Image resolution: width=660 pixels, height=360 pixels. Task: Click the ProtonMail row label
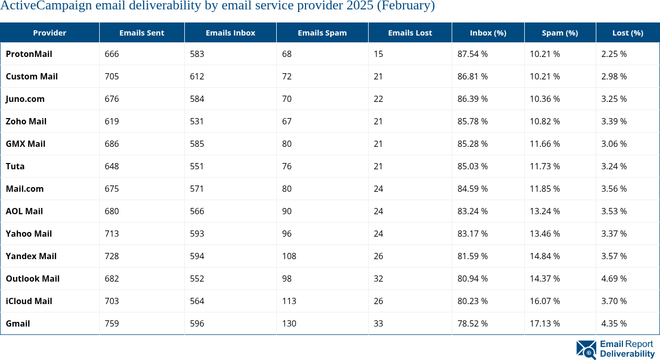(x=29, y=54)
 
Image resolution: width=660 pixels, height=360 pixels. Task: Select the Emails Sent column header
(x=142, y=32)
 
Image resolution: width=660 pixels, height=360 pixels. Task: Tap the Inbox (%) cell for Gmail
(x=472, y=323)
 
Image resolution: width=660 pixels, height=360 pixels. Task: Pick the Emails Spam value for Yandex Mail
(x=289, y=256)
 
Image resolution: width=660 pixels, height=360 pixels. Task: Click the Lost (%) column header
(x=627, y=32)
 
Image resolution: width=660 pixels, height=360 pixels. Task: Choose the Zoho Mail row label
(x=26, y=121)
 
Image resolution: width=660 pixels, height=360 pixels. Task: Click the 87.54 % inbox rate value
(x=472, y=54)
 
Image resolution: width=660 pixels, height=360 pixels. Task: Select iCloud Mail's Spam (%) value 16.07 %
(x=545, y=301)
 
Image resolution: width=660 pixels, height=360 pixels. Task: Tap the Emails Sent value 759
(x=112, y=323)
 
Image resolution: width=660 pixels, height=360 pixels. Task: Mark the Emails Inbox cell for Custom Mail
(x=197, y=76)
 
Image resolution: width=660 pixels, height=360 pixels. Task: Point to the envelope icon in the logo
(x=586, y=350)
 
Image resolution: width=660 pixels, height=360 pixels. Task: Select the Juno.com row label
(x=25, y=99)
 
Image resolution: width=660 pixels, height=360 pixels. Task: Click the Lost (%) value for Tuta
(x=614, y=166)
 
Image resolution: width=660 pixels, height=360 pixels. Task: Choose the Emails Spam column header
(x=322, y=32)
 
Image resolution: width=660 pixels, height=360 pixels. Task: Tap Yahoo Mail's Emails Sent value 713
(x=112, y=234)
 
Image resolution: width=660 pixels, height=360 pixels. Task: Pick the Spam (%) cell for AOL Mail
(x=545, y=211)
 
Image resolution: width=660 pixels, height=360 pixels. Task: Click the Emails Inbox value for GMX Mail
(x=197, y=144)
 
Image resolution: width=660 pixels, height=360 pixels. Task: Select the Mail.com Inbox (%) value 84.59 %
(x=472, y=189)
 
